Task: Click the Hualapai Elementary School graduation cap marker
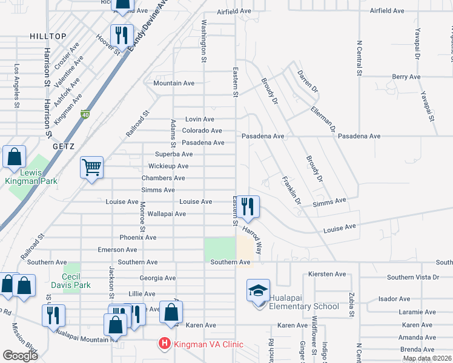click(258, 292)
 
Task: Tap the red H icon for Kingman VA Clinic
click(164, 344)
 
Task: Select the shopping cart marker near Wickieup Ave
click(91, 167)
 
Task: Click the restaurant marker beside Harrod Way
click(248, 206)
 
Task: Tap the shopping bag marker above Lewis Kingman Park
click(14, 157)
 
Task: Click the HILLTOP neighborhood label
click(48, 36)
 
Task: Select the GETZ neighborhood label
click(64, 146)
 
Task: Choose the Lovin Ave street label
click(200, 119)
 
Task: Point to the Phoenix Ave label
click(138, 238)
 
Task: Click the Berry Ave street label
click(406, 77)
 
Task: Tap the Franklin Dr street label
click(291, 188)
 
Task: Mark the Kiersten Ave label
click(327, 274)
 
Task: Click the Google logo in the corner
click(20, 356)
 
